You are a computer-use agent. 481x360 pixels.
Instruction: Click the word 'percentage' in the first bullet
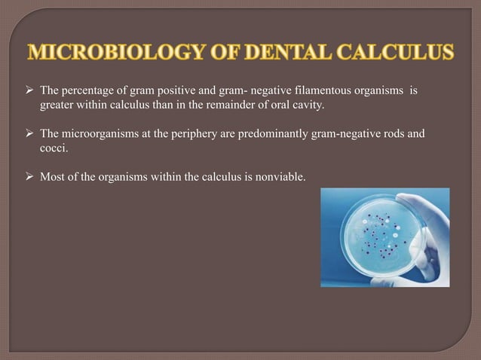pyautogui.click(x=86, y=91)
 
